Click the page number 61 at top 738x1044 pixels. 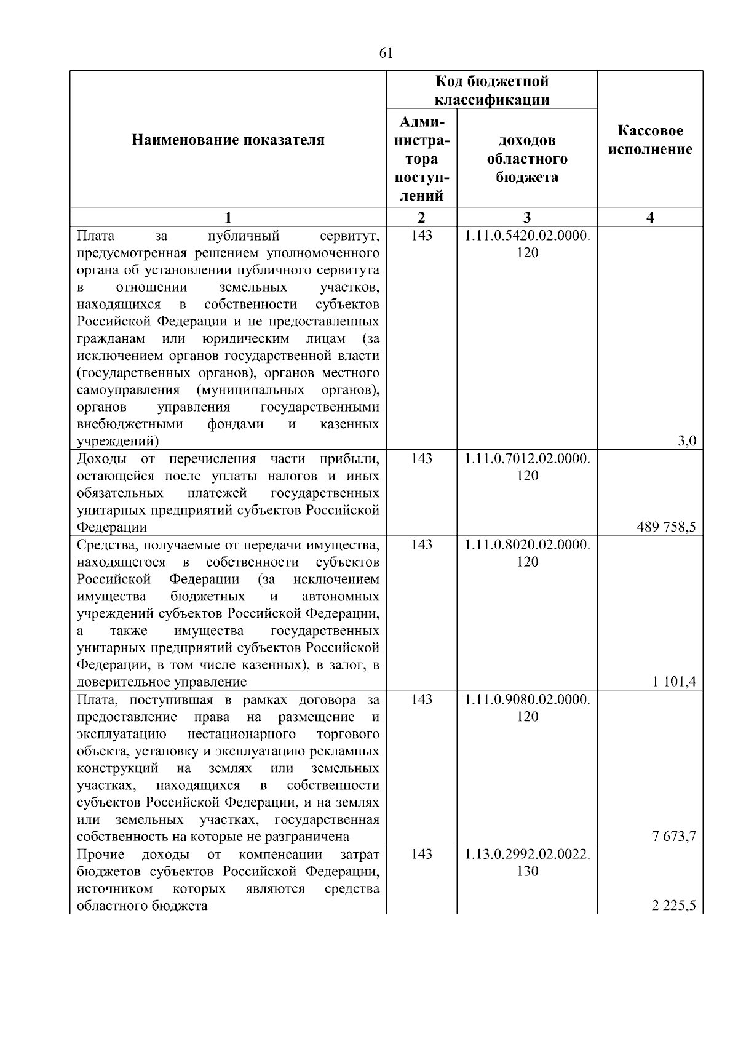coord(386,54)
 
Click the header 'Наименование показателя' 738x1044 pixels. coord(228,140)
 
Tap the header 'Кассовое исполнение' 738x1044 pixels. coord(650,140)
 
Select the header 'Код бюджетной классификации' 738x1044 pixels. coord(492,90)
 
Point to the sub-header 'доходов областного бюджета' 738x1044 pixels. coord(527,159)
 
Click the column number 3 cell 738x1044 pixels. coord(527,217)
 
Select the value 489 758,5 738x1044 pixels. coord(667,527)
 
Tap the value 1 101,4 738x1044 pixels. coord(675,681)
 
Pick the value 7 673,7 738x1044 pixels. coord(675,835)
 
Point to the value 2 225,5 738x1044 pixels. coord(675,905)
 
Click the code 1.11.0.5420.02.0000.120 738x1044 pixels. coord(527,244)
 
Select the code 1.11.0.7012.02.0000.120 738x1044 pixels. coord(527,467)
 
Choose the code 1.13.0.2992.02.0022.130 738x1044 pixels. coord(527,862)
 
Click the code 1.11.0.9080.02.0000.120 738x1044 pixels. coord(527,707)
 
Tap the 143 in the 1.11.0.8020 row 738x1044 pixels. coord(421,544)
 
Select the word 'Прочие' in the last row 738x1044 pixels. coord(101,854)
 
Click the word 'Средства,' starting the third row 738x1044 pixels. coord(106,545)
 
